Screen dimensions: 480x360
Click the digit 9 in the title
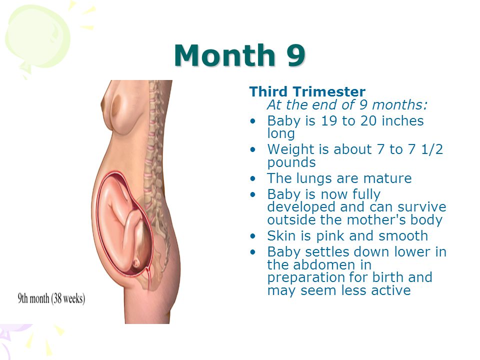point(296,55)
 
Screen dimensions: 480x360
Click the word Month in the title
point(224,55)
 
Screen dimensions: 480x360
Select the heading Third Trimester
point(307,91)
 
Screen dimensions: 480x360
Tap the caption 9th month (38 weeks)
point(51,298)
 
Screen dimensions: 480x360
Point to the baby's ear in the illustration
point(135,262)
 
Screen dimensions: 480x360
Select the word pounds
point(291,162)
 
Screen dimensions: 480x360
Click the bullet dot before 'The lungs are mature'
point(252,178)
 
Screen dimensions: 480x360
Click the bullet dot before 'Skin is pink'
point(252,236)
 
